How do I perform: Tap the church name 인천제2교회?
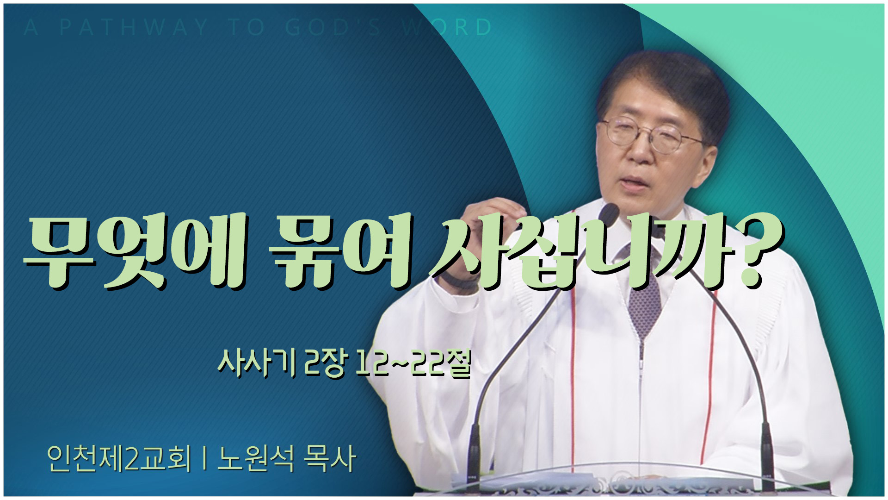[x=119, y=459]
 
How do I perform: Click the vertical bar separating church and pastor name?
[x=204, y=459]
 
